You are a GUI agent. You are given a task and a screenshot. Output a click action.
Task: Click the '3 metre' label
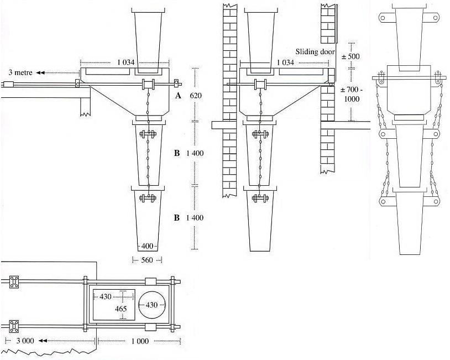[19, 72]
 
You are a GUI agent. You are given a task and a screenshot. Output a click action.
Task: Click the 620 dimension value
[196, 96]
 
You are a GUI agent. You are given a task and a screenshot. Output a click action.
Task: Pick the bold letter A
[178, 96]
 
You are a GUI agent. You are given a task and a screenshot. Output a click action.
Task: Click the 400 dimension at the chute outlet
[147, 246]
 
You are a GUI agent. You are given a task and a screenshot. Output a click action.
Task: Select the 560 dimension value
[147, 260]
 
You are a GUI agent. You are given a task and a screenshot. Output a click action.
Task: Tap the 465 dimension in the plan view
[121, 309]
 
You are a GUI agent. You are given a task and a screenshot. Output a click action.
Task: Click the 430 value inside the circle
[153, 305]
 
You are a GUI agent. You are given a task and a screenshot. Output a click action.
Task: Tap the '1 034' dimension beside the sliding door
[285, 62]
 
